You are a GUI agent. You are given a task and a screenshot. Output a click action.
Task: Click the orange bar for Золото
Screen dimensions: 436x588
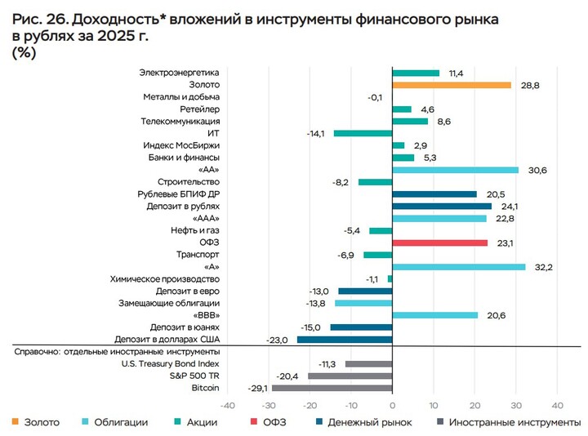click(452, 85)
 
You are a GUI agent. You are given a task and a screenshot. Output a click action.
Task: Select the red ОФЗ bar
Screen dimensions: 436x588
click(440, 242)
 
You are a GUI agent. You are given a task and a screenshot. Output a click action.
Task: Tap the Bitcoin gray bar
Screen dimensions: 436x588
click(332, 388)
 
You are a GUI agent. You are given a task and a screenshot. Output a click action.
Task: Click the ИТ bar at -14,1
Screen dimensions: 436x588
click(363, 133)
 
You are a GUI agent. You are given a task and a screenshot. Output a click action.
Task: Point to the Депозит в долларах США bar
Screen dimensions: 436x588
click(345, 340)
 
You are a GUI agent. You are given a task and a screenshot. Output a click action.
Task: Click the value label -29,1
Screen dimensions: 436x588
click(257, 388)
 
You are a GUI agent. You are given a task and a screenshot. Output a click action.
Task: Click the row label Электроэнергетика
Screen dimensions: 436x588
click(180, 73)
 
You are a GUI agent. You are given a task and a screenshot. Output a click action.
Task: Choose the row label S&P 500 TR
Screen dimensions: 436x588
click(198, 376)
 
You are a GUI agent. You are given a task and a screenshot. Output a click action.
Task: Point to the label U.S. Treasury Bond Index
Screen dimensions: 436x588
click(170, 364)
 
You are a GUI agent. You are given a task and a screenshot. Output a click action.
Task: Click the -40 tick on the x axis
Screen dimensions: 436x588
click(228, 406)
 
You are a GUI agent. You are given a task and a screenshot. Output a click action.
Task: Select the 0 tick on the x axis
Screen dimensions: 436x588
click(392, 406)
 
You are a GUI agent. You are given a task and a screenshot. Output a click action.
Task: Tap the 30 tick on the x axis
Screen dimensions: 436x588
click(515, 406)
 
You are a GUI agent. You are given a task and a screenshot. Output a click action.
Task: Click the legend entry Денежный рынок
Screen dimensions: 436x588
click(369, 422)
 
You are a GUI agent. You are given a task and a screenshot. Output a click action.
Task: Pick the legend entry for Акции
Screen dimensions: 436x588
click(207, 422)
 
